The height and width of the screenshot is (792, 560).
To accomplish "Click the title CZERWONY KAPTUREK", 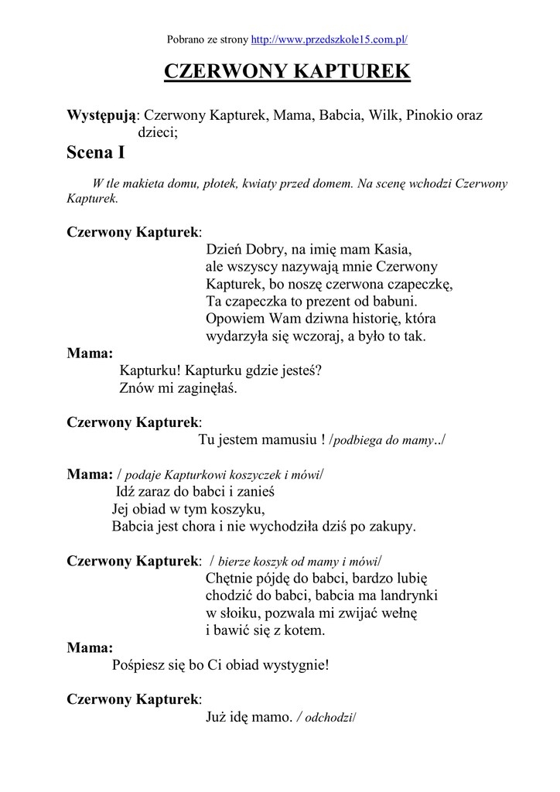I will [x=287, y=72].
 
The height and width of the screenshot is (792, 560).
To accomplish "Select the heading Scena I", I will [x=96, y=152].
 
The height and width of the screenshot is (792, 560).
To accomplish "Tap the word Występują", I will [x=101, y=115].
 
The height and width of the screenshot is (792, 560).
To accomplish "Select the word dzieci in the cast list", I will [x=156, y=133].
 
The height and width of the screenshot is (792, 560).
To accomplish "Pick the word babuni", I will [x=393, y=301].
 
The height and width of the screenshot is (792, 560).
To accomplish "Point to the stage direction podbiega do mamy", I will [x=386, y=440].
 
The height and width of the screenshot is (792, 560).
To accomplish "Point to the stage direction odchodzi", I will [x=328, y=718].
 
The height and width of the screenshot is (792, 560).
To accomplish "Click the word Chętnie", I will [x=230, y=579].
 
